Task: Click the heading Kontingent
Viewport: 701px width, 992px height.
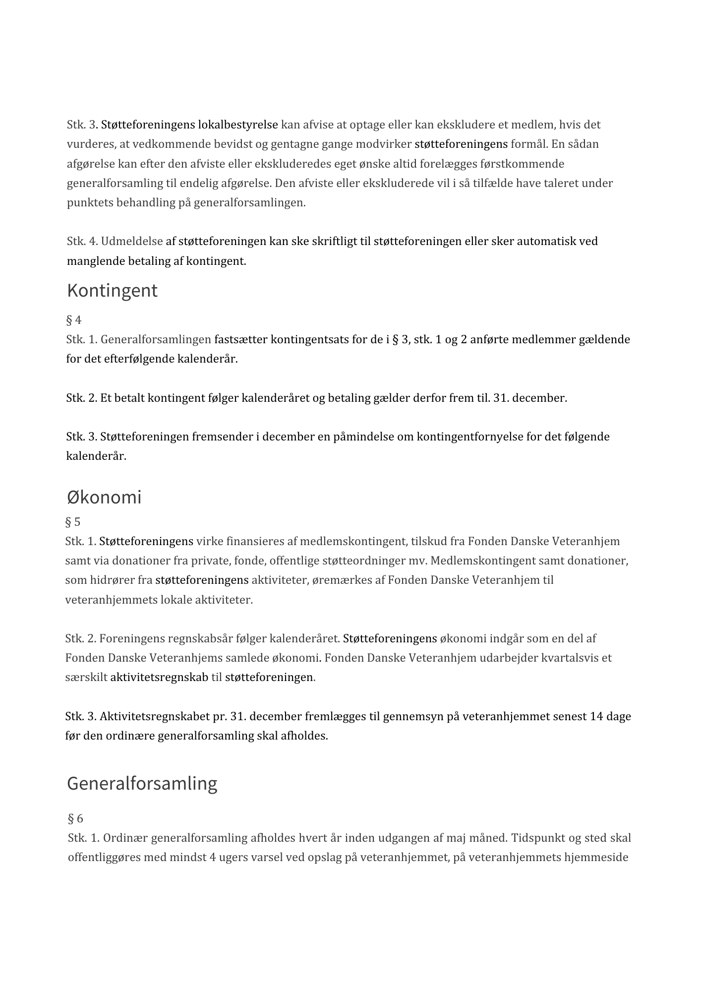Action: click(x=112, y=291)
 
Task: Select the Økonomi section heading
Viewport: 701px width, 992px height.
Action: click(x=104, y=497)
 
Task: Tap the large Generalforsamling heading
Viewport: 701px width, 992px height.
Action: click(x=142, y=783)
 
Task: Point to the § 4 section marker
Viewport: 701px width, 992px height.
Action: click(x=74, y=320)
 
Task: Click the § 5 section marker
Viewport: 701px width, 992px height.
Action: click(x=73, y=522)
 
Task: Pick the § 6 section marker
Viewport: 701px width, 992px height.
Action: click(x=75, y=818)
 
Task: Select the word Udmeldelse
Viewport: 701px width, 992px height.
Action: click(x=132, y=242)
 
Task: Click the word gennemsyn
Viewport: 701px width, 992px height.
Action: click(x=401, y=717)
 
